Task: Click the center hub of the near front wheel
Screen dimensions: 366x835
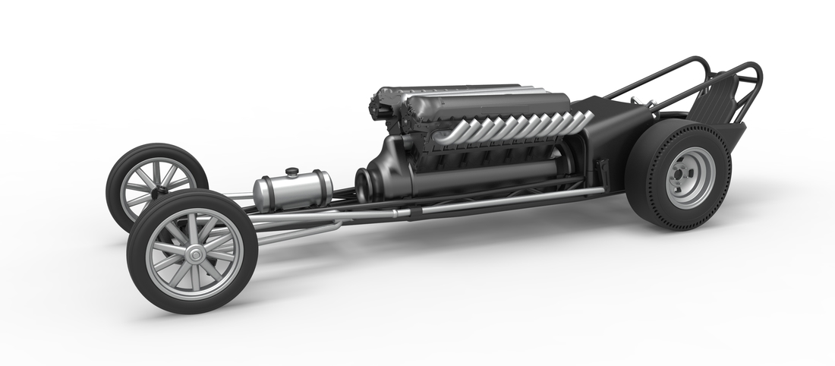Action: pyautogui.click(x=194, y=254)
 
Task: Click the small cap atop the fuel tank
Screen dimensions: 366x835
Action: pyautogui.click(x=291, y=172)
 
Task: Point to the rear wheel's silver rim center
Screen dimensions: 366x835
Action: pyautogui.click(x=690, y=177)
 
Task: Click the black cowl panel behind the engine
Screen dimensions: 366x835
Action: pyautogui.click(x=607, y=137)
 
